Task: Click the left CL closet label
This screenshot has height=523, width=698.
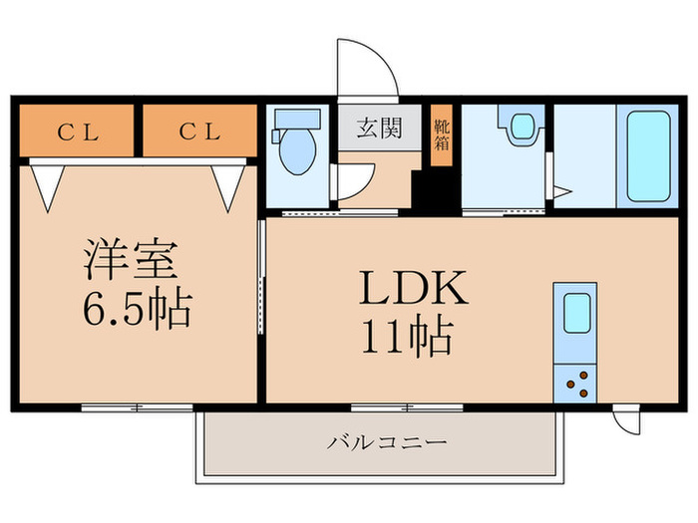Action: [78, 132]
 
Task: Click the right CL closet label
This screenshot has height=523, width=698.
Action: [199, 131]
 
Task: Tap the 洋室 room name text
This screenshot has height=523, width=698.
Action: [131, 259]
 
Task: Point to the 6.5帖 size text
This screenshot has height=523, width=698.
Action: [138, 308]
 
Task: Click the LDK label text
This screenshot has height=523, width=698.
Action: [414, 288]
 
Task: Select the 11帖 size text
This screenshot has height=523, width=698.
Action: [407, 335]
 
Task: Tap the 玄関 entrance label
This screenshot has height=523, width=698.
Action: [379, 128]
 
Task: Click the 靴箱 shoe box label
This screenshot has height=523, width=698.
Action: [442, 135]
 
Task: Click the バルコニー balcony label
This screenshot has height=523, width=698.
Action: [387, 442]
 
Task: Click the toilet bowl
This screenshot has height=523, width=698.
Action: [297, 151]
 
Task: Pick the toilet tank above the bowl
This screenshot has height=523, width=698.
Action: [297, 120]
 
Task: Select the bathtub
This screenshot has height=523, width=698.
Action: [648, 156]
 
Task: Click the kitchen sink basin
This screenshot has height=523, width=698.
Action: [577, 313]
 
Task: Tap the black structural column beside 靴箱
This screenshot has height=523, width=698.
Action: [436, 191]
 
